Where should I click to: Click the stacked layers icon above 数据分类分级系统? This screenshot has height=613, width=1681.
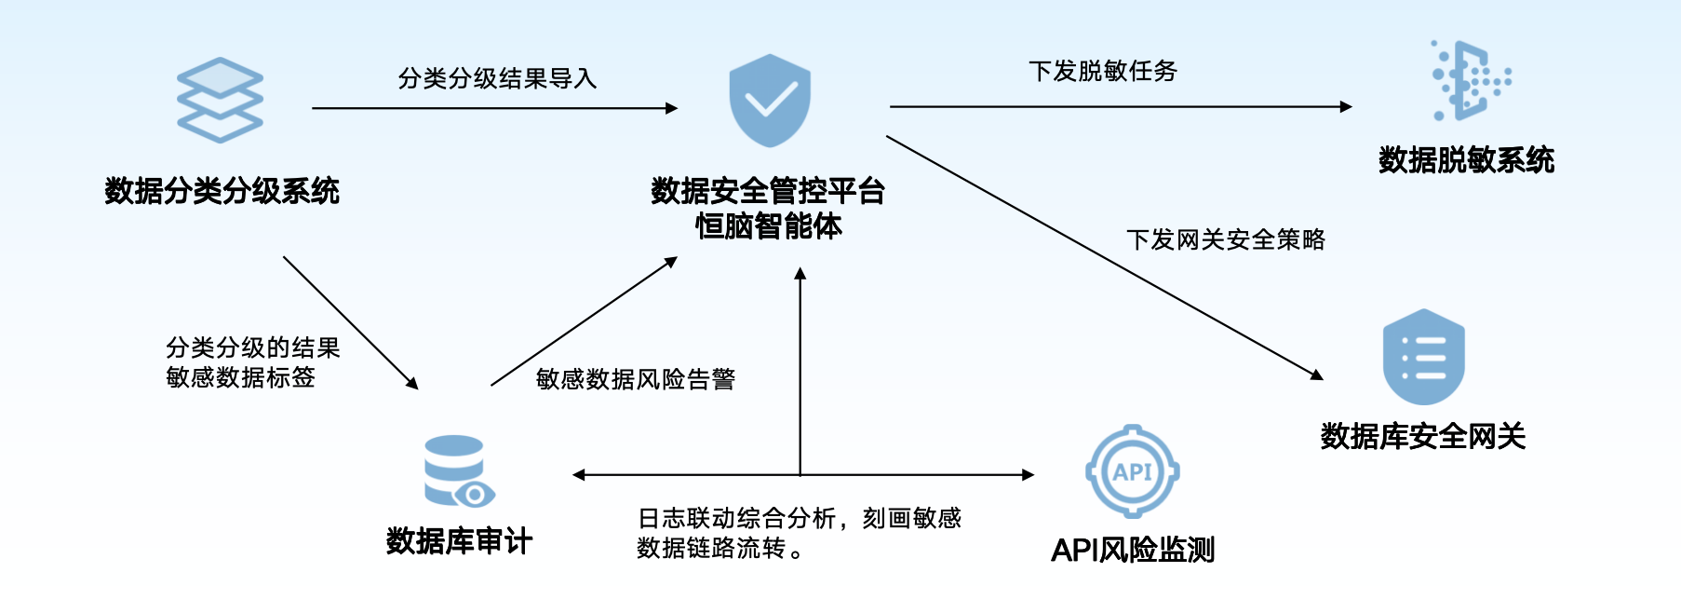coord(221,100)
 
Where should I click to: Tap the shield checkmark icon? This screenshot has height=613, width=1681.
coord(770,101)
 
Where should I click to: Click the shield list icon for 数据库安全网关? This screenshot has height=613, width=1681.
coord(1423,358)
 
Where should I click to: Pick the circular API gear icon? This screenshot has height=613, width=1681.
coord(1132,471)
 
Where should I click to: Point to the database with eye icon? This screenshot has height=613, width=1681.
coord(457,471)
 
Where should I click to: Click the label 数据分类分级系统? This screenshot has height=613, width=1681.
coord(222,191)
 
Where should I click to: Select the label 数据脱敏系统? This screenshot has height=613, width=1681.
coord(1466,160)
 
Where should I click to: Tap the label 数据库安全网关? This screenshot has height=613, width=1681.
coord(1422,436)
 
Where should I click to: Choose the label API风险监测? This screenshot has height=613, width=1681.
coord(1133,551)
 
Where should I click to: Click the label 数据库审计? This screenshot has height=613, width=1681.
coord(459,541)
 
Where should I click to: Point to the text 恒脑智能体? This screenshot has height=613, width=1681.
coord(768,226)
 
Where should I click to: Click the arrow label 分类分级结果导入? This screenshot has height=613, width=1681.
coord(497,78)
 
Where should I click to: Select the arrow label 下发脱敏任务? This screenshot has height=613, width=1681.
coord(1102,71)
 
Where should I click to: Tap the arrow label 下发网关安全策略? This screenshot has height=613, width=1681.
coord(1225,240)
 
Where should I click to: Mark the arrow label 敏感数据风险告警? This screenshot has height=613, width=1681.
coord(636,379)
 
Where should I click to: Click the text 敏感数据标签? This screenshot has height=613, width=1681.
coord(240,377)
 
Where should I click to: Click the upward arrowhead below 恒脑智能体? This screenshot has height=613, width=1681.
coord(800,274)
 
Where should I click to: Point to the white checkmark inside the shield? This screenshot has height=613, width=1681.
coord(771,99)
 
